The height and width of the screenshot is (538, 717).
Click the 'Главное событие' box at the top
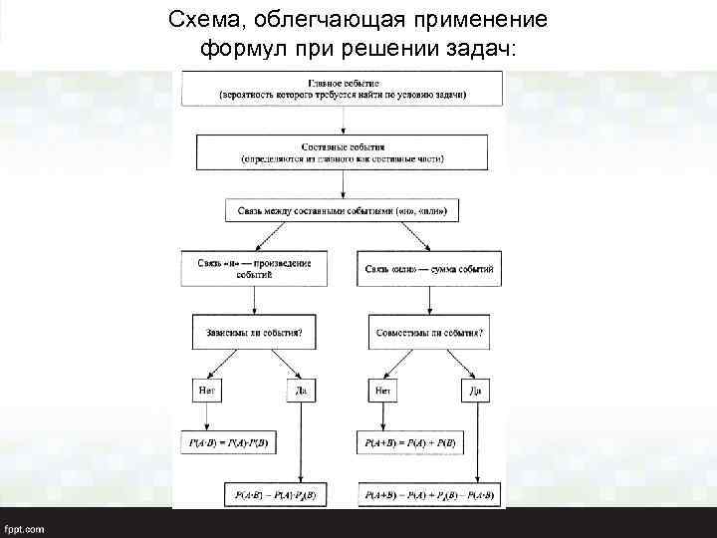pyautogui.click(x=343, y=88)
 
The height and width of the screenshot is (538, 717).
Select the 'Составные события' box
pyautogui.click(x=343, y=151)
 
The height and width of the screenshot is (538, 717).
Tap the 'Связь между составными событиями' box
pyautogui.click(x=343, y=211)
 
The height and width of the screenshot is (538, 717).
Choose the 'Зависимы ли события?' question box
pyautogui.click(x=254, y=330)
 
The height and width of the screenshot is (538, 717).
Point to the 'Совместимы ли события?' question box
pyautogui.click(x=430, y=330)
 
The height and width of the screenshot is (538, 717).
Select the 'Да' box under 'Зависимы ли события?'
pyautogui.click(x=302, y=390)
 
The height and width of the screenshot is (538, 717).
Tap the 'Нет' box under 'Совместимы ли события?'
pyautogui.click(x=381, y=390)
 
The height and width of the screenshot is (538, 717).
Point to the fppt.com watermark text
pyautogui.click(x=24, y=528)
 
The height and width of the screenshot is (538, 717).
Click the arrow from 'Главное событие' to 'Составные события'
pyautogui.click(x=344, y=120)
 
